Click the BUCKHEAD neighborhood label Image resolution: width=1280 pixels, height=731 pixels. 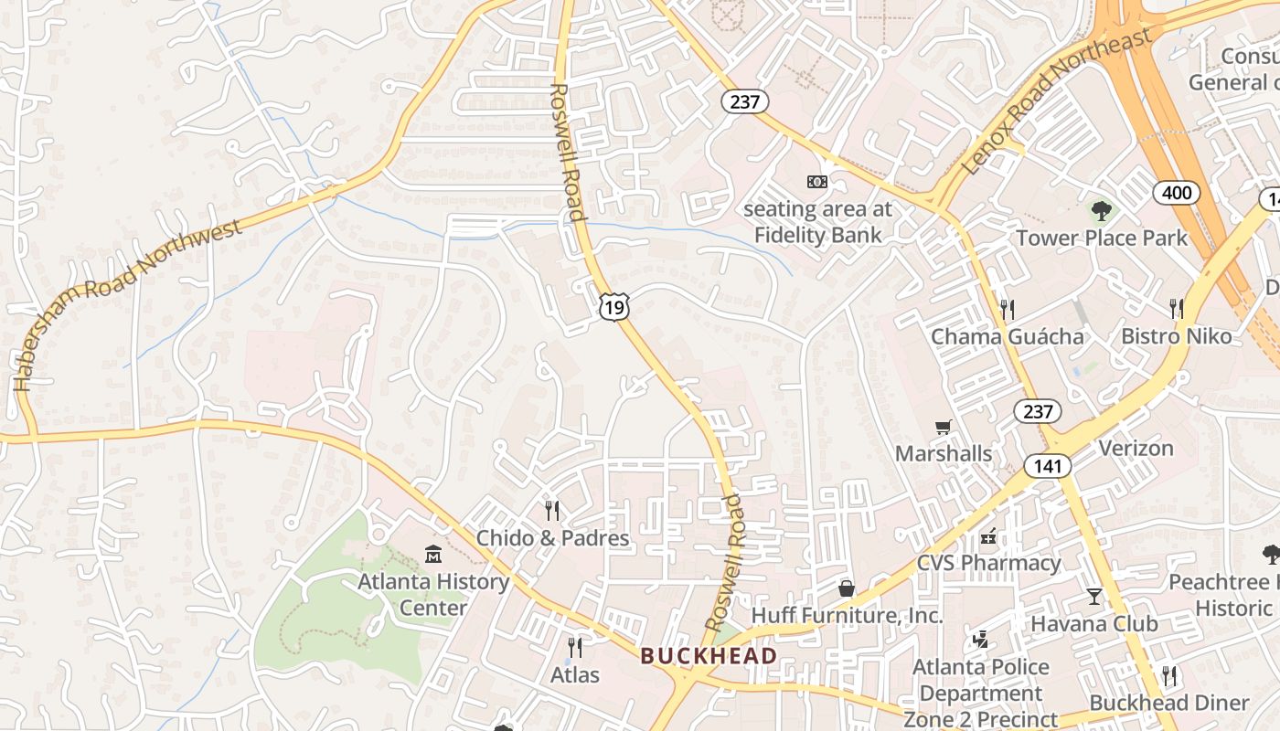tap(709, 655)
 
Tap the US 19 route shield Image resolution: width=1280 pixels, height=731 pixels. tap(614, 307)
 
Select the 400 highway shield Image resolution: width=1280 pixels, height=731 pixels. tap(1177, 192)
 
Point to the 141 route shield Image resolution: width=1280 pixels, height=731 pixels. tap(1047, 466)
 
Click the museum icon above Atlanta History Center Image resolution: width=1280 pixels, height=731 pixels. tap(433, 554)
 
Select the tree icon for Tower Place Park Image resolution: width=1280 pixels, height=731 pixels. tap(1102, 212)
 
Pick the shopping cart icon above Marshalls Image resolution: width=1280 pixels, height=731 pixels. tap(944, 427)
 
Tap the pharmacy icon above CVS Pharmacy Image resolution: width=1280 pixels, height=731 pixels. tap(988, 536)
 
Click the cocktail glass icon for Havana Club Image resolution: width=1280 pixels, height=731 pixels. tap(1094, 597)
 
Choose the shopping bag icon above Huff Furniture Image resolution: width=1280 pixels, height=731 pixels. tap(847, 588)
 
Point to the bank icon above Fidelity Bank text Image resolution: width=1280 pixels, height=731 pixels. tap(817, 182)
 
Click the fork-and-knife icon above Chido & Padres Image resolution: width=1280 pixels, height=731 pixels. tap(552, 510)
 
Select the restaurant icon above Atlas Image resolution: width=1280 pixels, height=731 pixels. tap(575, 647)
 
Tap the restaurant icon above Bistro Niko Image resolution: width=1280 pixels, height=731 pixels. tap(1177, 308)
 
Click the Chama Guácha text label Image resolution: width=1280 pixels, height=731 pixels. tap(1008, 336)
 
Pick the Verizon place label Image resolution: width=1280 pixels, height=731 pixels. tap(1136, 448)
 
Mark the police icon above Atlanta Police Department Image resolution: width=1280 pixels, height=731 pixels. tap(981, 640)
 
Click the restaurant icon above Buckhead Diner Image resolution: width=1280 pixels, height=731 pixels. tap(1169, 676)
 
